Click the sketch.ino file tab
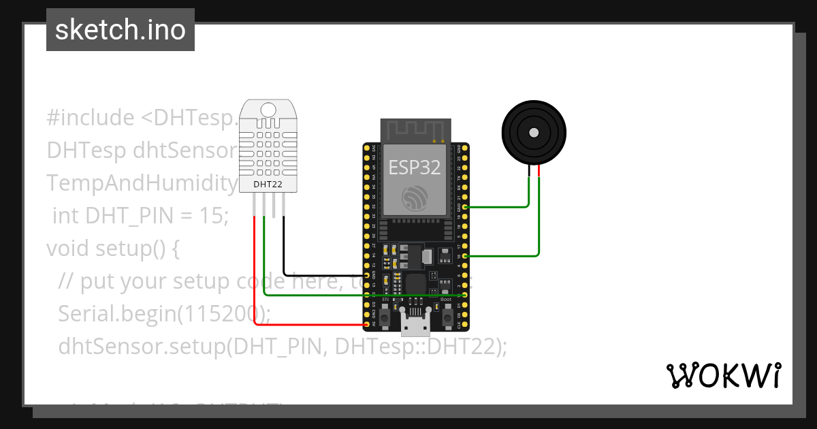pos(121,30)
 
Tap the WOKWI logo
pos(722,375)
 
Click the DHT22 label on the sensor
pos(268,184)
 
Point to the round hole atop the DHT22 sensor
pos(268,109)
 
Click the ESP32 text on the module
pos(414,168)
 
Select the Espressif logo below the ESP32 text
pos(414,197)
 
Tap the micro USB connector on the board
pos(416,325)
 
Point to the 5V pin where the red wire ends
pos(368,325)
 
